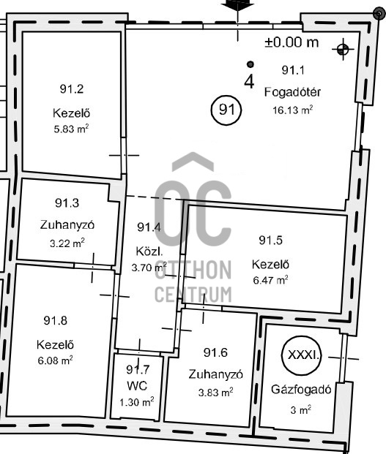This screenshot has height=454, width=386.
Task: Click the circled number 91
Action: [226, 110]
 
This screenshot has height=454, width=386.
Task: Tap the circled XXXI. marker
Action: [302, 355]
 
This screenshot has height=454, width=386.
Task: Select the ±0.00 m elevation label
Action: [292, 42]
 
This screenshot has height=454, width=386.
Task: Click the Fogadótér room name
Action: [292, 92]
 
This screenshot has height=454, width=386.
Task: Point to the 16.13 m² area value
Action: [292, 110]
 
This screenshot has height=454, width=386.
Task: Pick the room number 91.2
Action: [72, 88]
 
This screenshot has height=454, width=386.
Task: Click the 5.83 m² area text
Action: [71, 129]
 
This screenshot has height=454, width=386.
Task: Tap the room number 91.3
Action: [67, 203]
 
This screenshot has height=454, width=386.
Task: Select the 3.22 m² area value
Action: [67, 243]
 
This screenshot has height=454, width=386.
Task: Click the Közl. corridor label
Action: [149, 251]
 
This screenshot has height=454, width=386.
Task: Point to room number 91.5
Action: [270, 240]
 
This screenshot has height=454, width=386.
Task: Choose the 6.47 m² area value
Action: [270, 280]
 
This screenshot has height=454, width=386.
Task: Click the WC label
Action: [137, 386]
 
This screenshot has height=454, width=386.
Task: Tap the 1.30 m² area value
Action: [136, 402]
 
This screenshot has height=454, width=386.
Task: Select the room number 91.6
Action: [215, 352]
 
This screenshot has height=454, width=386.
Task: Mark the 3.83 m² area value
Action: [216, 393]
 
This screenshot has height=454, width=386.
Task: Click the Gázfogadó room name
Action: [301, 390]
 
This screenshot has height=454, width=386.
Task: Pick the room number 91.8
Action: [56, 320]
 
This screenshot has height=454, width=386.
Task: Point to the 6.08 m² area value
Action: [55, 360]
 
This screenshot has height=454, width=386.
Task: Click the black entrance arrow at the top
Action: [237, 5]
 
